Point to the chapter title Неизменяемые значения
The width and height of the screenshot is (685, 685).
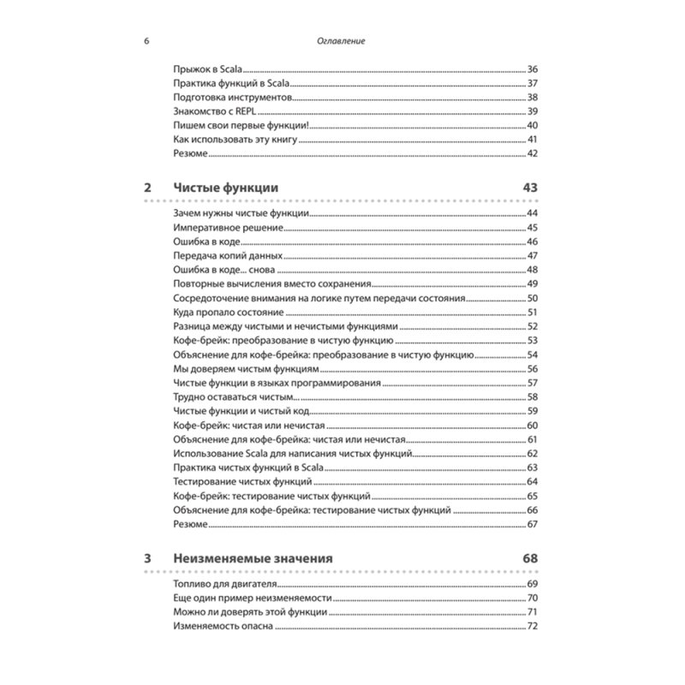[253, 558]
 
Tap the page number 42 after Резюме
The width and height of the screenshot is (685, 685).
[531, 154]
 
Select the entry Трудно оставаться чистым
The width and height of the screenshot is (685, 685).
[234, 397]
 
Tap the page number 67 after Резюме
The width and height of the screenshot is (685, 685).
[531, 524]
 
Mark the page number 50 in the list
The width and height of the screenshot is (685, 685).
[531, 299]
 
